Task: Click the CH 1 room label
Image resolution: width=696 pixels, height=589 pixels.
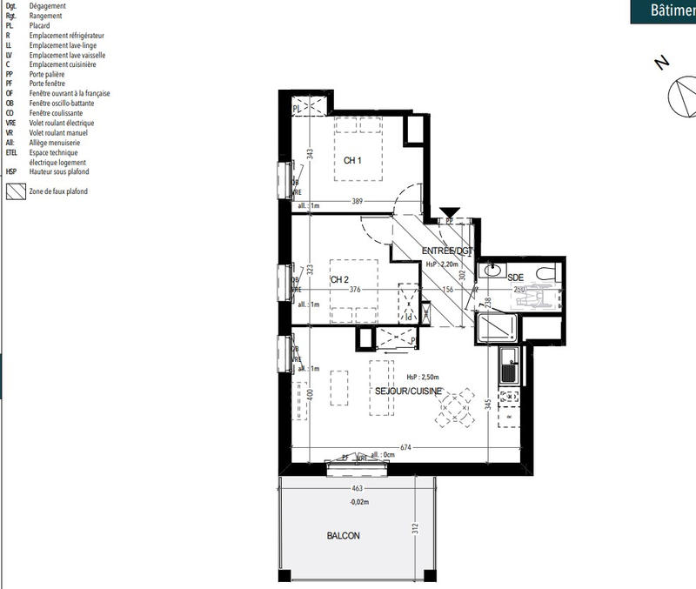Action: pos(352,160)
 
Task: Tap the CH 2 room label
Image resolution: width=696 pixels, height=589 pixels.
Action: pos(339,279)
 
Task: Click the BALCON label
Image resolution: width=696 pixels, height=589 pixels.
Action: pos(343,536)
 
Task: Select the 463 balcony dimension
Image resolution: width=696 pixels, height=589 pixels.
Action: pos(356,490)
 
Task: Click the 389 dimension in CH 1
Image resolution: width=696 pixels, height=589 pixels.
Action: pos(358,201)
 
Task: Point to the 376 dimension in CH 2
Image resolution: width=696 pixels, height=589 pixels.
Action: pos(355,291)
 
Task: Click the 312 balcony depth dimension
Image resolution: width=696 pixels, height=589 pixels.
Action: pos(416,527)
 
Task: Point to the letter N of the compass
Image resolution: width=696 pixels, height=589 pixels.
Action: pos(662,63)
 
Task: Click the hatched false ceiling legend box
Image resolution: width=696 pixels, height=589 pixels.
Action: pos(14,191)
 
